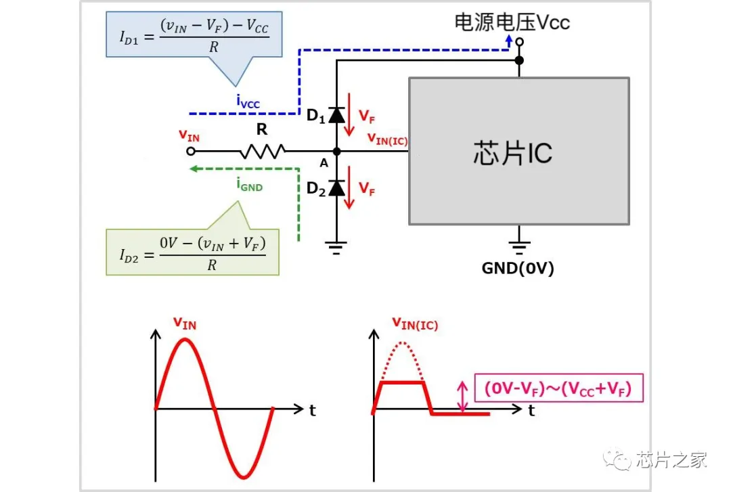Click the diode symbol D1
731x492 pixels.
(x=336, y=116)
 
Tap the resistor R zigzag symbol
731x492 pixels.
(x=262, y=152)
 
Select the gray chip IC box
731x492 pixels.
(x=519, y=151)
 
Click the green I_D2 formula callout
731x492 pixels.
(x=193, y=252)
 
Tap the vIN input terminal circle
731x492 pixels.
(x=192, y=152)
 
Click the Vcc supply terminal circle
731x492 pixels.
(x=519, y=42)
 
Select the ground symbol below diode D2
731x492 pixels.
(x=336, y=246)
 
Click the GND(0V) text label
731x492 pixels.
(x=518, y=268)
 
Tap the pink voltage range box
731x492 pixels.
(x=559, y=389)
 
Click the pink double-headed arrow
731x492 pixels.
(x=463, y=397)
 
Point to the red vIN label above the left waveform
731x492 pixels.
(x=183, y=323)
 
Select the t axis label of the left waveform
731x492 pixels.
(x=312, y=409)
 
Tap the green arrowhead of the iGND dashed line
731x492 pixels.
(x=194, y=169)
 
